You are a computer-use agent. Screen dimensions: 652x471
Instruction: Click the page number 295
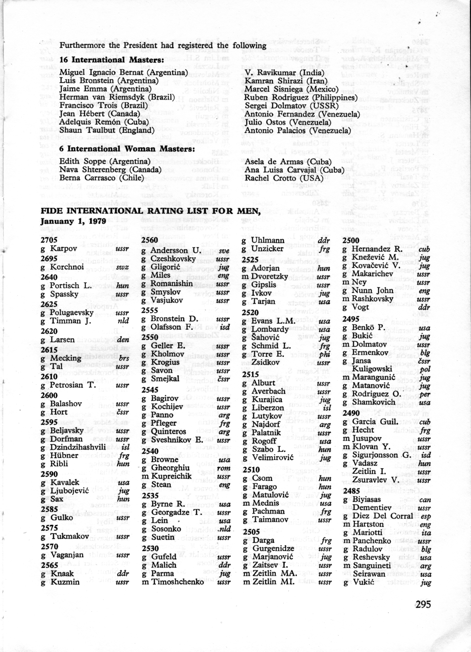click(x=423, y=604)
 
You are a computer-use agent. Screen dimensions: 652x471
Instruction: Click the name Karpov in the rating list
click(x=63, y=249)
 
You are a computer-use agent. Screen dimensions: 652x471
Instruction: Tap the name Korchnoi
click(x=67, y=267)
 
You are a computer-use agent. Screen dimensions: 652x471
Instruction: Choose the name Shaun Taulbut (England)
click(x=107, y=130)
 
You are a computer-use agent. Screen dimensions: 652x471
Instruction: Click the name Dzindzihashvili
click(x=78, y=447)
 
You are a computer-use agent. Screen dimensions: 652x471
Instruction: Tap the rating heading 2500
click(x=351, y=240)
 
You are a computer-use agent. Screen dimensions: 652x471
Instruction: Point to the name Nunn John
click(x=372, y=290)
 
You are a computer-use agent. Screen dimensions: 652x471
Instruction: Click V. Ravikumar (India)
click(x=284, y=73)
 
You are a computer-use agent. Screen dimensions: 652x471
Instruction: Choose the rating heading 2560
click(x=149, y=240)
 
